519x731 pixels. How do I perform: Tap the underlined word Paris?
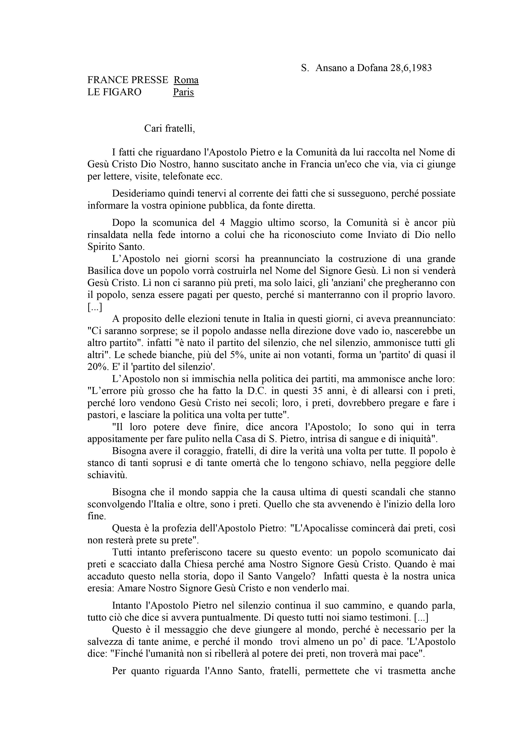(x=184, y=92)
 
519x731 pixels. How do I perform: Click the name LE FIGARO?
(x=114, y=92)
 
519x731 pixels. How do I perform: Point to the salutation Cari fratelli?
(x=169, y=128)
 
